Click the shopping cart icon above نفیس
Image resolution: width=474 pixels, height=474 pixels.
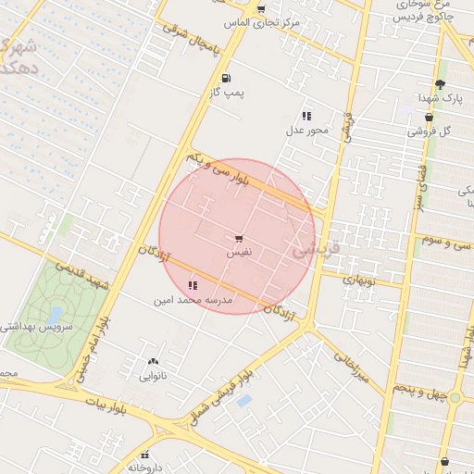point(240,239)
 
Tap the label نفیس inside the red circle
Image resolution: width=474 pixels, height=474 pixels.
point(240,252)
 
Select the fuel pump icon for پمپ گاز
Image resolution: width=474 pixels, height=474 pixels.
point(226,79)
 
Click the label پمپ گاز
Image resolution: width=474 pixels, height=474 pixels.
point(226,93)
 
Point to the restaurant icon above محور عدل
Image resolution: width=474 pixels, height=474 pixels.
point(306,116)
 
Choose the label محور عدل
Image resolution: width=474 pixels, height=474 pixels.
point(306,130)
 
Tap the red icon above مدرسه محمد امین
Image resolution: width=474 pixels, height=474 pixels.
point(193,285)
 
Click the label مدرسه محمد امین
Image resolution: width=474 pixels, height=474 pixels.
point(193,300)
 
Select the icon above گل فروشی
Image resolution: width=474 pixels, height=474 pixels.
point(429,118)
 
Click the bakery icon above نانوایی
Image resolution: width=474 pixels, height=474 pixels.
point(153,362)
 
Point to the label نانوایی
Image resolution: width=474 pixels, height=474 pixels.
point(153,376)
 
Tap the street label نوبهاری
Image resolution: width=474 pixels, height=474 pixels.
point(358,278)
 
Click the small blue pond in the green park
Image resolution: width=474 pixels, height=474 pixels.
point(57,315)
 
